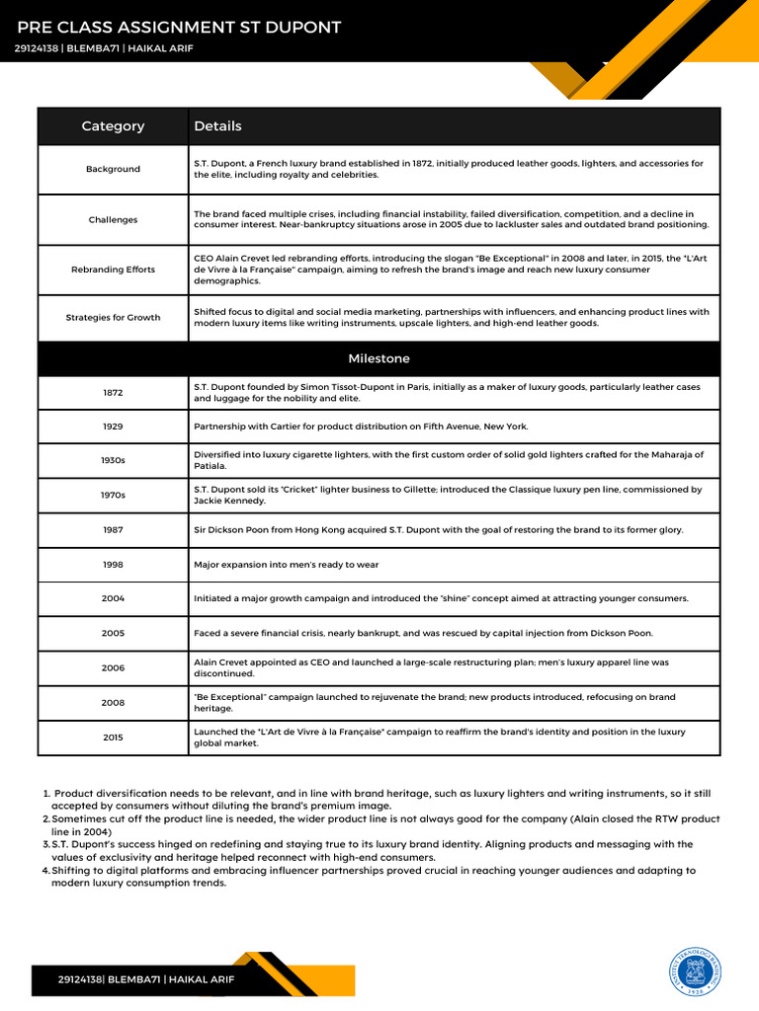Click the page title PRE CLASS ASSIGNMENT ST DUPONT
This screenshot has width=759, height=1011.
pyautogui.click(x=179, y=28)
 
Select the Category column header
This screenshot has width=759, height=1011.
pyautogui.click(x=113, y=126)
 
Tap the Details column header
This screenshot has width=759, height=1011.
pyautogui.click(x=217, y=126)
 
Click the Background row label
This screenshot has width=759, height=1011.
pyautogui.click(x=113, y=169)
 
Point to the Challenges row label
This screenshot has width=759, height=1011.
pyautogui.click(x=113, y=220)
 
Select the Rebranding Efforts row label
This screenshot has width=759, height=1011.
pyautogui.click(x=113, y=270)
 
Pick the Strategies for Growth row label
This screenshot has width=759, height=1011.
pyautogui.click(x=113, y=318)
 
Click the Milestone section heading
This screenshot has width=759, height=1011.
pyautogui.click(x=379, y=358)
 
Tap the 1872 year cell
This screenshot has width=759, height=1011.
pyautogui.click(x=113, y=393)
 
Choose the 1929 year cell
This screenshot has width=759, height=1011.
pyautogui.click(x=113, y=427)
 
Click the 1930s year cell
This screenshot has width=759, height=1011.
pyautogui.click(x=113, y=461)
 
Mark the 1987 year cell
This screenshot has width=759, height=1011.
pyautogui.click(x=113, y=530)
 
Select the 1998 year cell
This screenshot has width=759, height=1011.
pyautogui.click(x=113, y=565)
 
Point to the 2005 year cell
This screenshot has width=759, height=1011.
pyautogui.click(x=113, y=633)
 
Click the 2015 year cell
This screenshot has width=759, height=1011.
pyautogui.click(x=113, y=738)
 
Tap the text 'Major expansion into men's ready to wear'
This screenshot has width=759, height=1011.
pyautogui.click(x=286, y=565)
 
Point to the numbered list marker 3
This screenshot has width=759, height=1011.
pyautogui.click(x=46, y=845)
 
